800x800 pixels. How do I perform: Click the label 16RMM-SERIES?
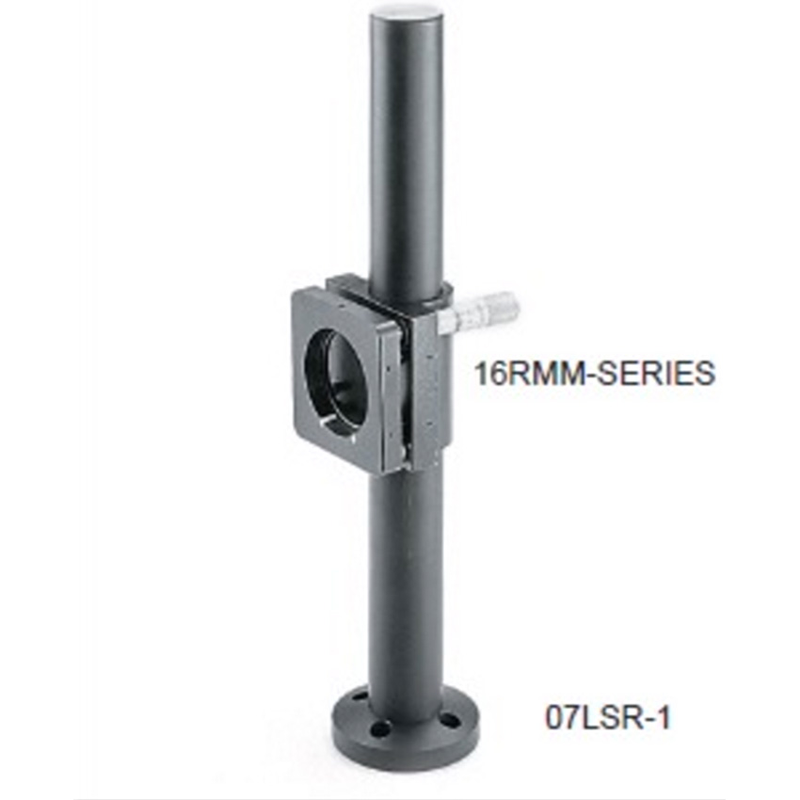click(x=595, y=373)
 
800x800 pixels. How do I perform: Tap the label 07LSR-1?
click(x=607, y=717)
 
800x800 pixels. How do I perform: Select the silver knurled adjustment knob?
click(x=490, y=312)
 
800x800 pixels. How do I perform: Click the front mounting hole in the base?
click(x=379, y=728)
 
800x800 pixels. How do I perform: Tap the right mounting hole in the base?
click(x=450, y=720)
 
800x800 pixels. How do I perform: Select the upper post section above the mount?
click(x=406, y=148)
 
